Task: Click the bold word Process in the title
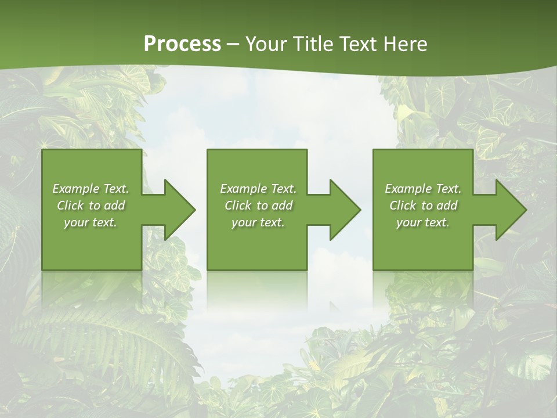pos(182,44)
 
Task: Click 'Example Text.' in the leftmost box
pos(91,189)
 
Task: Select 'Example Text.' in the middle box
pos(258,189)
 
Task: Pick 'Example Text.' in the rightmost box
pos(423,189)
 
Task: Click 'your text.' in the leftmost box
pos(91,222)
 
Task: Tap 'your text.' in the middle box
pos(258,222)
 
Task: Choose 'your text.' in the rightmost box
pos(423,222)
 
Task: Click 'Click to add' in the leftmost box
pos(91,206)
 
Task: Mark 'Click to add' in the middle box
pos(258,206)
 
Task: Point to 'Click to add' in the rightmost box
pos(423,206)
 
